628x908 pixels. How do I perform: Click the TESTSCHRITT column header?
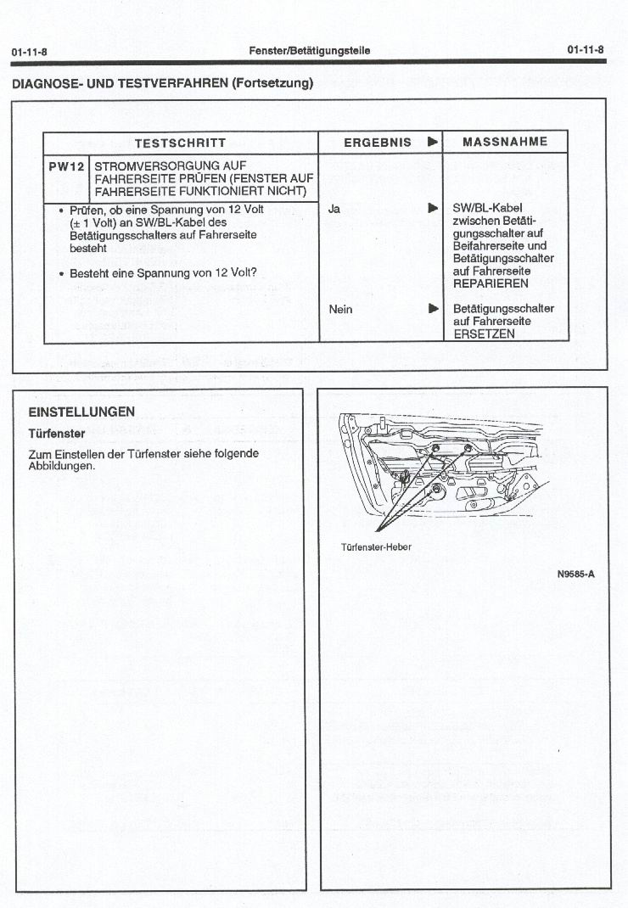[180, 143]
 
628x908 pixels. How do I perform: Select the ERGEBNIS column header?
[377, 143]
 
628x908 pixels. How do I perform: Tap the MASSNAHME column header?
[505, 142]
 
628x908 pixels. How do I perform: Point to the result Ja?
[334, 207]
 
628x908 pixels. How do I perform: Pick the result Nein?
[340, 309]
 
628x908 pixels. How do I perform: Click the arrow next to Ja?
[433, 207]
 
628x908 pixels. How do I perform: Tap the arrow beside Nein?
[433, 309]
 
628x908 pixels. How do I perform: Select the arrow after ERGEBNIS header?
[433, 143]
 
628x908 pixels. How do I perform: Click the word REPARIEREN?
[491, 283]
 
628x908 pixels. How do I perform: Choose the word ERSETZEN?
[484, 333]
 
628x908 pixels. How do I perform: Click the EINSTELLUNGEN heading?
[81, 412]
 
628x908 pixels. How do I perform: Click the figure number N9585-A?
[575, 574]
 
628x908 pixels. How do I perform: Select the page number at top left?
[29, 52]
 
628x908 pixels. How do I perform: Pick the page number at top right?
[586, 50]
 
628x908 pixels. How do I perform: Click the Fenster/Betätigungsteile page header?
[309, 51]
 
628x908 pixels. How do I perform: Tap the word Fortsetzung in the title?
[269, 83]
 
